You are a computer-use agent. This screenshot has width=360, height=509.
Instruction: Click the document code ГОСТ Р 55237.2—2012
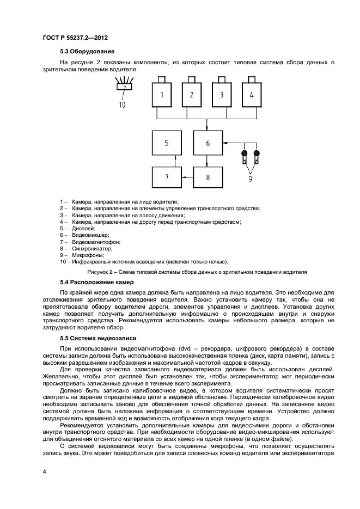point(75,38)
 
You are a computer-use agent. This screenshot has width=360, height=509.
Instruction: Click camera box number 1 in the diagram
point(161,95)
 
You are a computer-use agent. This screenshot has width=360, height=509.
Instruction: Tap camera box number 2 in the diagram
point(191,95)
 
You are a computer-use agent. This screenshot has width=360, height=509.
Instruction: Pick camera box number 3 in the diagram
point(222,95)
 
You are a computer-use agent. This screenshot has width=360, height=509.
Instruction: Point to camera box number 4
point(252,95)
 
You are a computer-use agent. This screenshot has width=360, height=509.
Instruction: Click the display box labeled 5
point(166,143)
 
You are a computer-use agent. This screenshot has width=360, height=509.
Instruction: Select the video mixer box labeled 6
point(208,143)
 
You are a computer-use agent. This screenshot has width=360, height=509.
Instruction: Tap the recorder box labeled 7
point(166,177)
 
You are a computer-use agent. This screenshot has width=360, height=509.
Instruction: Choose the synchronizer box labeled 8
point(208,177)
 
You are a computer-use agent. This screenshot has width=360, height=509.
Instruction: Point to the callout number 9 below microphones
point(250,177)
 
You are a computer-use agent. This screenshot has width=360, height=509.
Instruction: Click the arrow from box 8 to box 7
point(186,177)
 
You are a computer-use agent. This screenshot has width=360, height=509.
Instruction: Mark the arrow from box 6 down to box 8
point(208,161)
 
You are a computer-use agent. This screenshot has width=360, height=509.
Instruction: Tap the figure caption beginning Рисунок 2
point(197,271)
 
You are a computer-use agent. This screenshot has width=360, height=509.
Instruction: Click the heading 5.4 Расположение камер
point(96,283)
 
